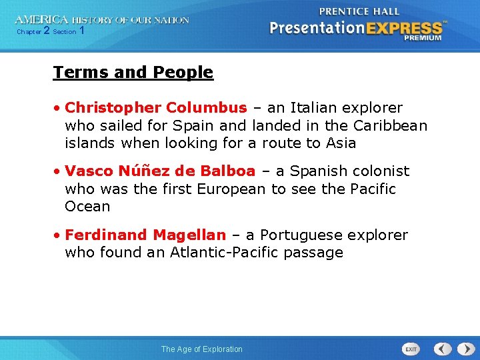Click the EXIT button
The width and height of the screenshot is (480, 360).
[411, 349]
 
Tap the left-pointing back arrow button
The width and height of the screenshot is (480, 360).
[443, 349]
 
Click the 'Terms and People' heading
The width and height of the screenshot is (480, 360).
[133, 72]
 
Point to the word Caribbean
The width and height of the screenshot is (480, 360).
[389, 125]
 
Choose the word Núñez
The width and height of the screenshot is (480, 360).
[138, 171]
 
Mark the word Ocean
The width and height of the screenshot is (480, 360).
[87, 206]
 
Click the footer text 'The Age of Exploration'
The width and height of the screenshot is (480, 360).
[202, 349]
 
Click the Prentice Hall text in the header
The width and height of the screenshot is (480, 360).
[359, 11]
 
